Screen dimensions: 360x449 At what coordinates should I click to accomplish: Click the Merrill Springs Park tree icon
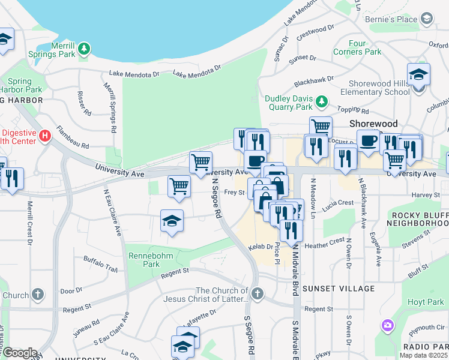coord(85,47)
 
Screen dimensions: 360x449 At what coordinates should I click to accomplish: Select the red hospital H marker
coord(44,136)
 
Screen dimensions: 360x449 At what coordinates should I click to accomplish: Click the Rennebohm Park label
coord(144,260)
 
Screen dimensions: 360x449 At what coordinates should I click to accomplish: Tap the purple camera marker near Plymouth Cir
coord(388,326)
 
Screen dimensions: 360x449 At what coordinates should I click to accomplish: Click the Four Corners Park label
coord(365,48)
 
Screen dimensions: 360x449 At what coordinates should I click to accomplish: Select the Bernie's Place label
coord(394,19)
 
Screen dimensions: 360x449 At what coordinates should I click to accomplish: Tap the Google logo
coord(19,353)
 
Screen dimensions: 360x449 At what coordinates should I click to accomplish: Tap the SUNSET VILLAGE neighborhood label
coord(338,289)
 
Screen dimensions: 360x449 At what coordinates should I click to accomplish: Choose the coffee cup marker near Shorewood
coord(367,140)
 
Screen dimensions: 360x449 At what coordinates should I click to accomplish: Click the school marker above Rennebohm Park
coord(172,221)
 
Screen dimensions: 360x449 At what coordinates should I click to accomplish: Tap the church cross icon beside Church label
coord(38,295)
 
